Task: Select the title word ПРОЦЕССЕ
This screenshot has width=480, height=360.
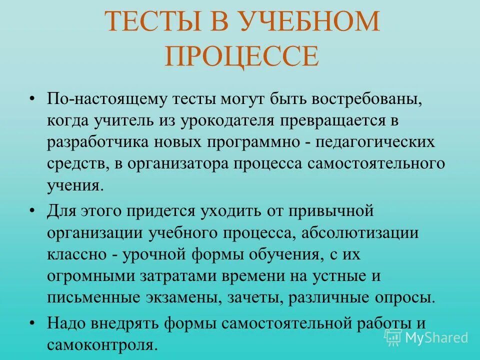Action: point(241,56)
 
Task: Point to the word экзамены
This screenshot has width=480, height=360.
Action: point(184,297)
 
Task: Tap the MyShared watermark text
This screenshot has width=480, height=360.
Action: point(437,337)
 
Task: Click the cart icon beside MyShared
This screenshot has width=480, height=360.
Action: point(393,337)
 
